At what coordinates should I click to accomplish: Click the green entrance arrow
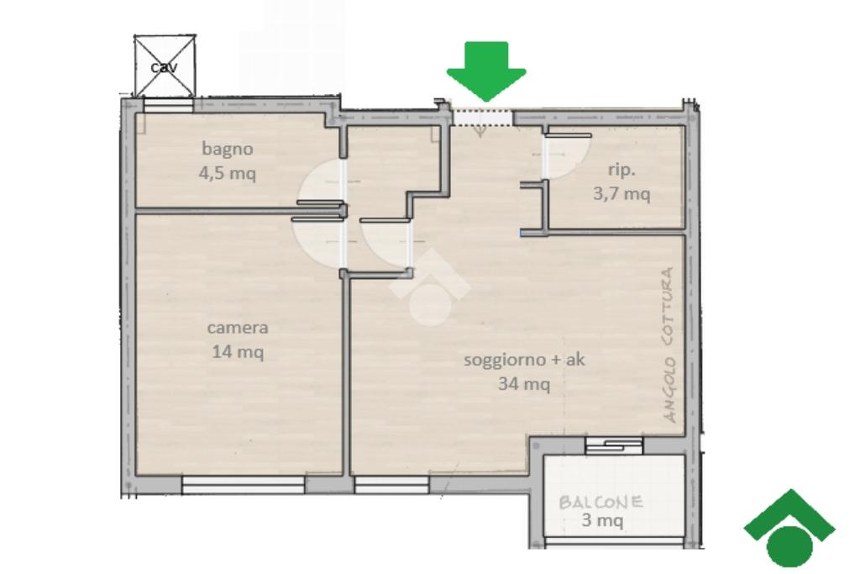[x=486, y=71]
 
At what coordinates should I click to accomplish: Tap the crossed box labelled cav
[x=165, y=66]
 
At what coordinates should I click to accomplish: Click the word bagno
[x=227, y=150]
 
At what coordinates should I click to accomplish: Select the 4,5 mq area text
[x=227, y=173]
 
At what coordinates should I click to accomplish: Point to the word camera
[x=238, y=328]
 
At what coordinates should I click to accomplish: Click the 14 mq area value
[x=238, y=351]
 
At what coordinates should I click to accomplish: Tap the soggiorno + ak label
[x=524, y=360]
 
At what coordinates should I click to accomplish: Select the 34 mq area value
[x=524, y=383]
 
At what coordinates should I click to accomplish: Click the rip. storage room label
[x=621, y=170]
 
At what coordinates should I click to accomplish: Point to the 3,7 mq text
[x=621, y=193]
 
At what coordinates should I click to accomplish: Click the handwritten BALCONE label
[x=601, y=502]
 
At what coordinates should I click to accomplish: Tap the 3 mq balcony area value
[x=602, y=519]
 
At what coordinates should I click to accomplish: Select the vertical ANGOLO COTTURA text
[x=669, y=345]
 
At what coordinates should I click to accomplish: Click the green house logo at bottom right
[x=789, y=528]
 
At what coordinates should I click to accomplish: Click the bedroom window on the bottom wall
[x=243, y=484]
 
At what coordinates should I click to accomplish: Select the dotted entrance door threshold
[x=482, y=118]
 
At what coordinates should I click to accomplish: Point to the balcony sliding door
[x=614, y=445]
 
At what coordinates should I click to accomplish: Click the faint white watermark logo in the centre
[x=430, y=287]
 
